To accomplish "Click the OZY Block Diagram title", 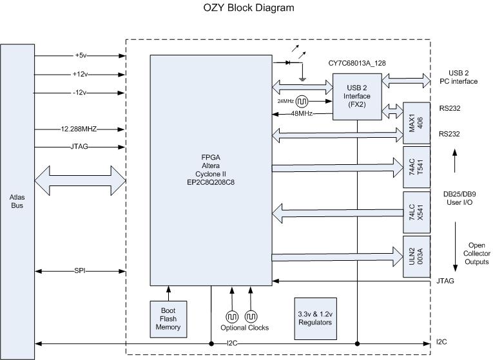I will click(x=239, y=8).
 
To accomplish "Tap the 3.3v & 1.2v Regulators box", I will click(x=315, y=318).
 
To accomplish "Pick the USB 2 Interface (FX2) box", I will click(x=356, y=97).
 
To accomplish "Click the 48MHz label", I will click(x=301, y=113).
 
